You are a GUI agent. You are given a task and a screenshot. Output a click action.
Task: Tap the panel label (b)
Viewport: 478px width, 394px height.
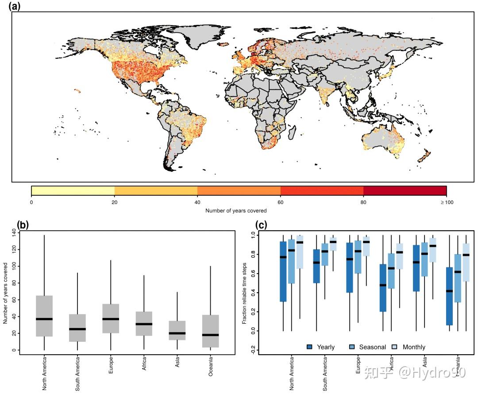click(23, 224)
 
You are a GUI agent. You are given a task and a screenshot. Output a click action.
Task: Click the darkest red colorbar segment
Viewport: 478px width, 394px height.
click(405, 191)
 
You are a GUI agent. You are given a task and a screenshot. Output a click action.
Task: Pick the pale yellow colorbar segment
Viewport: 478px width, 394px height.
click(73, 191)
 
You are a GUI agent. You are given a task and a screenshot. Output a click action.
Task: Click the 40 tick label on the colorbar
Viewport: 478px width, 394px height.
click(197, 203)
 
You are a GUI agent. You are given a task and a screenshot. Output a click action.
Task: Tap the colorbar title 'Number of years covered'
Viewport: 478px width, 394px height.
click(236, 211)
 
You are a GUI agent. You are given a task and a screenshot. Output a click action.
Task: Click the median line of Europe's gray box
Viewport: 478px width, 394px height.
click(111, 319)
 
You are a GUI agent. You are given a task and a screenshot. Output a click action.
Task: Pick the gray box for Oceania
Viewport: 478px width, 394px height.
click(210, 328)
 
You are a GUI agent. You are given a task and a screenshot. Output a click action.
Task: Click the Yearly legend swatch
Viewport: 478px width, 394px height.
click(310, 347)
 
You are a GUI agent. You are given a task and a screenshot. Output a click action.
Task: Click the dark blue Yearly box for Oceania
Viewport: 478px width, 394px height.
click(449, 296)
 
